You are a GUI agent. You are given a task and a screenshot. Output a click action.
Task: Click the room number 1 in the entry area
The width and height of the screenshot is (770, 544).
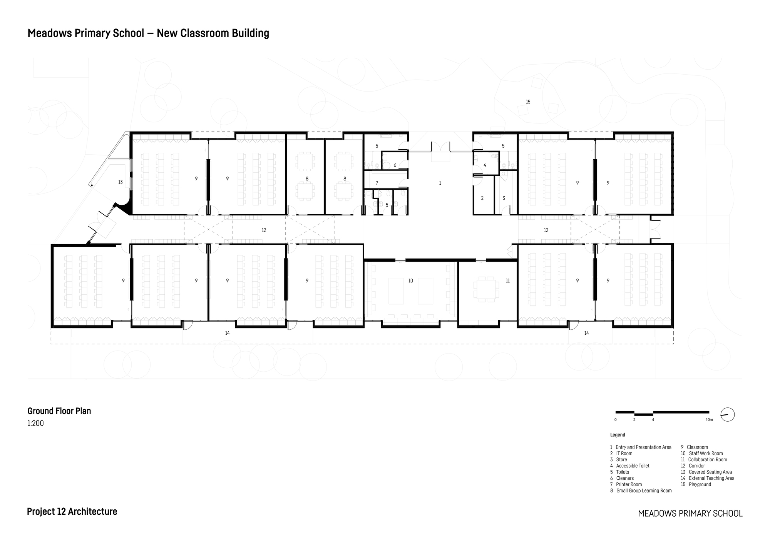pyautogui.click(x=440, y=183)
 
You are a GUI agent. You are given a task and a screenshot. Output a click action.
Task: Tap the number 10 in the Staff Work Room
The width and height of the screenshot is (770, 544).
pyautogui.click(x=410, y=281)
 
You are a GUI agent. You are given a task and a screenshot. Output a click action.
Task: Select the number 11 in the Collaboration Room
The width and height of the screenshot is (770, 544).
pyautogui.click(x=507, y=281)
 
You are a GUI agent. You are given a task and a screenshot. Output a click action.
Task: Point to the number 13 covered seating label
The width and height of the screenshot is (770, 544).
pyautogui.click(x=121, y=182)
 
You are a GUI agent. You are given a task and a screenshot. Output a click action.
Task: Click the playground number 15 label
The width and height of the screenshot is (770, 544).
pyautogui.click(x=528, y=102)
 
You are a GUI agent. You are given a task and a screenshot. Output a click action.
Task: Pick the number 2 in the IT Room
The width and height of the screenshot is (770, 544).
pyautogui.click(x=482, y=198)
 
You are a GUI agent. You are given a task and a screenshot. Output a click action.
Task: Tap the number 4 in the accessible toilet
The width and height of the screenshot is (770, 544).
pyautogui.click(x=485, y=165)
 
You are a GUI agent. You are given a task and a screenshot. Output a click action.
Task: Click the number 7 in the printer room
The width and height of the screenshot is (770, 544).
pyautogui.click(x=377, y=183)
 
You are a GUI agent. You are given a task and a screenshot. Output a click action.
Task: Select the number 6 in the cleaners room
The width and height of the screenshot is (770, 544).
pyautogui.click(x=395, y=165)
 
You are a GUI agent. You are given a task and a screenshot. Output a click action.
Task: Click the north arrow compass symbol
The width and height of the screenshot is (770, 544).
pyautogui.click(x=727, y=415)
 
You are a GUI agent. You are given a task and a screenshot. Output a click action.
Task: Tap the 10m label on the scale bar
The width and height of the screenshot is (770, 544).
pyautogui.click(x=709, y=420)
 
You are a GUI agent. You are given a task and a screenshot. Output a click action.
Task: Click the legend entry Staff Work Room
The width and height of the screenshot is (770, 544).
pyautogui.click(x=705, y=454)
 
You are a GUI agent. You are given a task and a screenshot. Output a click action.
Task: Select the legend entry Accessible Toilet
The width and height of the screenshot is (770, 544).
pyautogui.click(x=632, y=466)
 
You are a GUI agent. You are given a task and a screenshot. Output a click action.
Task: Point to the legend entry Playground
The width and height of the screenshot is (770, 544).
pyautogui.click(x=700, y=484)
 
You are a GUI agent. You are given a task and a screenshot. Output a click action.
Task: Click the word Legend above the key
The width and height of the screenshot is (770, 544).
pyautogui.click(x=618, y=435)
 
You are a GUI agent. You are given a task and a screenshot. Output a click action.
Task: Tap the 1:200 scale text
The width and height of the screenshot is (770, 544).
pyautogui.click(x=35, y=424)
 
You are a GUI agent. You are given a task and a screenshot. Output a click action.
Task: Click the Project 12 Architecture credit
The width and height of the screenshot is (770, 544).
pyautogui.click(x=72, y=512)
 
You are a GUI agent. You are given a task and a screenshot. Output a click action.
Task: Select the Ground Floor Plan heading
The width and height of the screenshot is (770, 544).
pyautogui.click(x=59, y=411)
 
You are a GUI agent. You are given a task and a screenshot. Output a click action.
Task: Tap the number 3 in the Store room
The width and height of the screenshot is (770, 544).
pyautogui.click(x=504, y=198)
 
